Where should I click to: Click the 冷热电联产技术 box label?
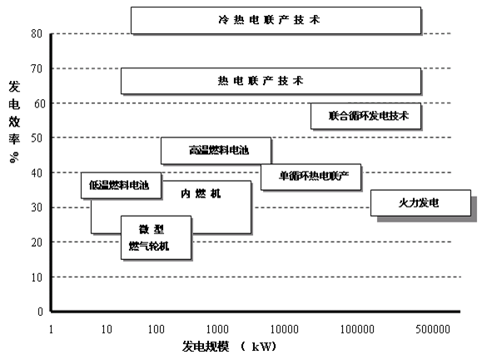coord(269,20)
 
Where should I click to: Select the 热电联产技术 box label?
coord(261,81)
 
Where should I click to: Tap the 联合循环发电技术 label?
coord(368,116)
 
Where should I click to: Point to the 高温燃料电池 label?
coord(219,150)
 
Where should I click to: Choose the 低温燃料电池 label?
coord(119,185)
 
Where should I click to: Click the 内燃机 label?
coord(201,193)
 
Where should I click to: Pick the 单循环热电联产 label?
coord(314,176)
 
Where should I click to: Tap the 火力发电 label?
coord(419,203)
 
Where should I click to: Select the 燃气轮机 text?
coord(149,246)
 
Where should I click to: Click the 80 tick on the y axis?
coord(37,33)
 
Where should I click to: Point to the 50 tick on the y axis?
coord(37,137)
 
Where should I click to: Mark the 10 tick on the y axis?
coord(37,277)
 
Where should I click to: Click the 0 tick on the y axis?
coord(40,312)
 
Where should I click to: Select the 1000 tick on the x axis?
coord(217,329)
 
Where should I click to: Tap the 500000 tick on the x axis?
coord(433,329)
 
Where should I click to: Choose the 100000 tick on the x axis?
coord(357,329)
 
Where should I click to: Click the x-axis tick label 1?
coord(51,329)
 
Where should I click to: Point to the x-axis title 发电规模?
coord(206,347)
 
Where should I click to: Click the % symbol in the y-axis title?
coord(14,157)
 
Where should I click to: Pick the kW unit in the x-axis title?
coord(262,347)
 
